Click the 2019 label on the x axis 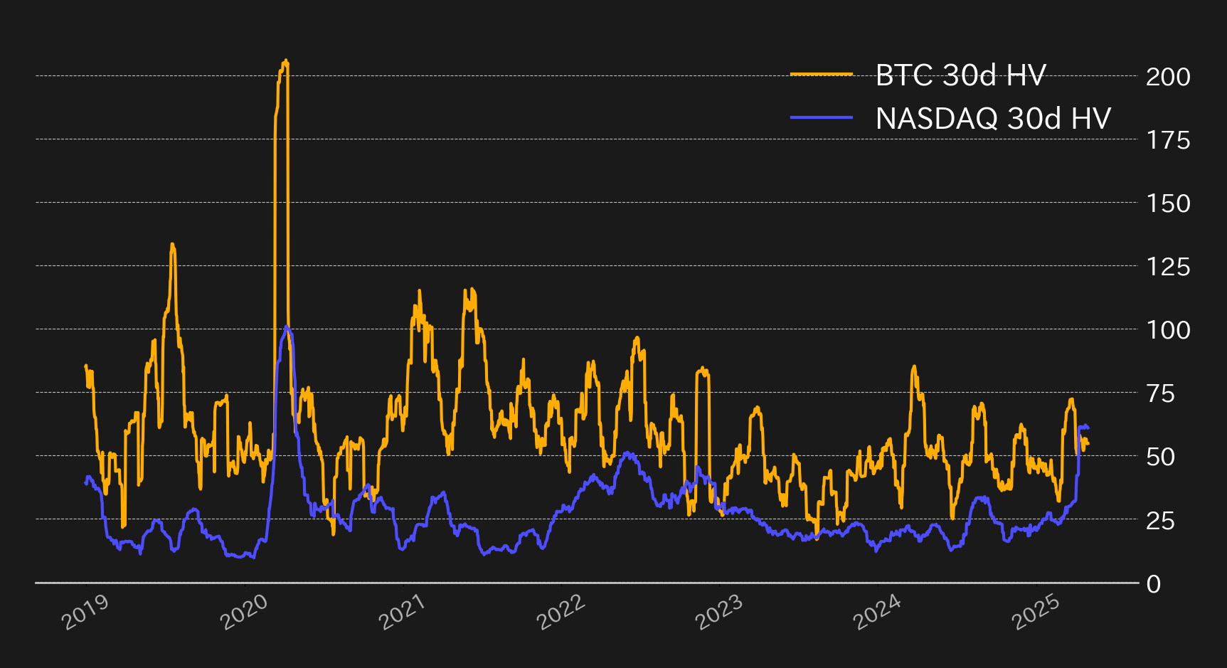[x=85, y=611]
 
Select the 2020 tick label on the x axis [x=244, y=611]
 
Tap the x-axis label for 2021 [x=402, y=611]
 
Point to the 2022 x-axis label [x=561, y=611]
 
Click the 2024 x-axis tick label [x=877, y=611]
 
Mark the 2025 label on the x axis [x=1036, y=611]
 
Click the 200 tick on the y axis [x=1167, y=77]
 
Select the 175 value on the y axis [x=1167, y=140]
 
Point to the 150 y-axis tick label [x=1167, y=203]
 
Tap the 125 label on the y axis [x=1167, y=267]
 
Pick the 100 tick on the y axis [x=1167, y=330]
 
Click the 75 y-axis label [x=1160, y=393]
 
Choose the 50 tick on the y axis [x=1160, y=457]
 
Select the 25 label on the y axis [x=1160, y=521]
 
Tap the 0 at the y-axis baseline [x=1154, y=584]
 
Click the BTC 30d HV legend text [x=960, y=75]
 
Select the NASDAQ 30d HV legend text [x=993, y=118]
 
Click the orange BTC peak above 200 [x=285, y=62]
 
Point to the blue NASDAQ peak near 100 [x=286, y=327]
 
